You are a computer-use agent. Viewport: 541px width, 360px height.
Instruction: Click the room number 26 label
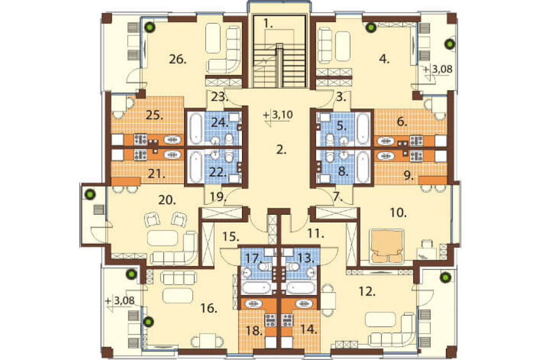178,60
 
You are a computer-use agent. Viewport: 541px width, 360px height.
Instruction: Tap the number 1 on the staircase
268,23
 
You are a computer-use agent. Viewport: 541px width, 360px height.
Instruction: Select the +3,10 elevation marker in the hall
278,115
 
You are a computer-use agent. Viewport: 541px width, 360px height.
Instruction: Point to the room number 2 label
282,150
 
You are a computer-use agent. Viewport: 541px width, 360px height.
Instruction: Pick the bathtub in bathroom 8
362,167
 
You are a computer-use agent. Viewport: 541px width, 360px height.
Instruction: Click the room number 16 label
209,308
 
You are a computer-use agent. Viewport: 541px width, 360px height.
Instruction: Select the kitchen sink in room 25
172,140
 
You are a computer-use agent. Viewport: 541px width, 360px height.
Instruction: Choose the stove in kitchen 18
270,320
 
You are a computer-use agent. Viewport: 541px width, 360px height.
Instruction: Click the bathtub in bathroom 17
256,287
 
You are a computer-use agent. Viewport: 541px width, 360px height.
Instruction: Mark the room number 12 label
367,292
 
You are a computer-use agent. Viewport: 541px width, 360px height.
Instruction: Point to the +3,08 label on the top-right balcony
438,70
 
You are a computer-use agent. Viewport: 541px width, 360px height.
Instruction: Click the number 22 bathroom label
218,172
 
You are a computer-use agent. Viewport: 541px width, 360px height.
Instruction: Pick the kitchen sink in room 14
304,304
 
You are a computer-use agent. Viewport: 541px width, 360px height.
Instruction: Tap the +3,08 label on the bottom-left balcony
120,301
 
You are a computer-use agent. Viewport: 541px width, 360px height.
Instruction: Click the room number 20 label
167,200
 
